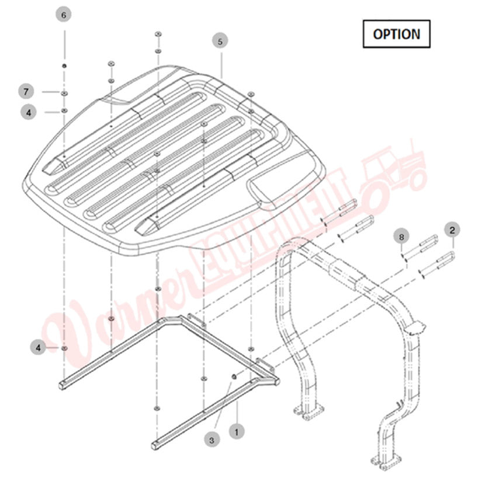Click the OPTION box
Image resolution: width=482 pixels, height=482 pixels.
tap(396, 34)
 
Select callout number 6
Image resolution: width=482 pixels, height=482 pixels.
tap(64, 15)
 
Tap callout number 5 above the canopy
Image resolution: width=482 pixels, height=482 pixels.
tap(220, 41)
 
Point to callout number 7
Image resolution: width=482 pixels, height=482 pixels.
tap(26, 92)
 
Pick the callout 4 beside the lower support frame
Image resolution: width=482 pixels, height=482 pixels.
tap(37, 348)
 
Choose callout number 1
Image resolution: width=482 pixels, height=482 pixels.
tap(237, 432)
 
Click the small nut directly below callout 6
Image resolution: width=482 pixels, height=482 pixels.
tap(64, 65)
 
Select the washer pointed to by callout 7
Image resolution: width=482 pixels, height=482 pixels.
tap(64, 92)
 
